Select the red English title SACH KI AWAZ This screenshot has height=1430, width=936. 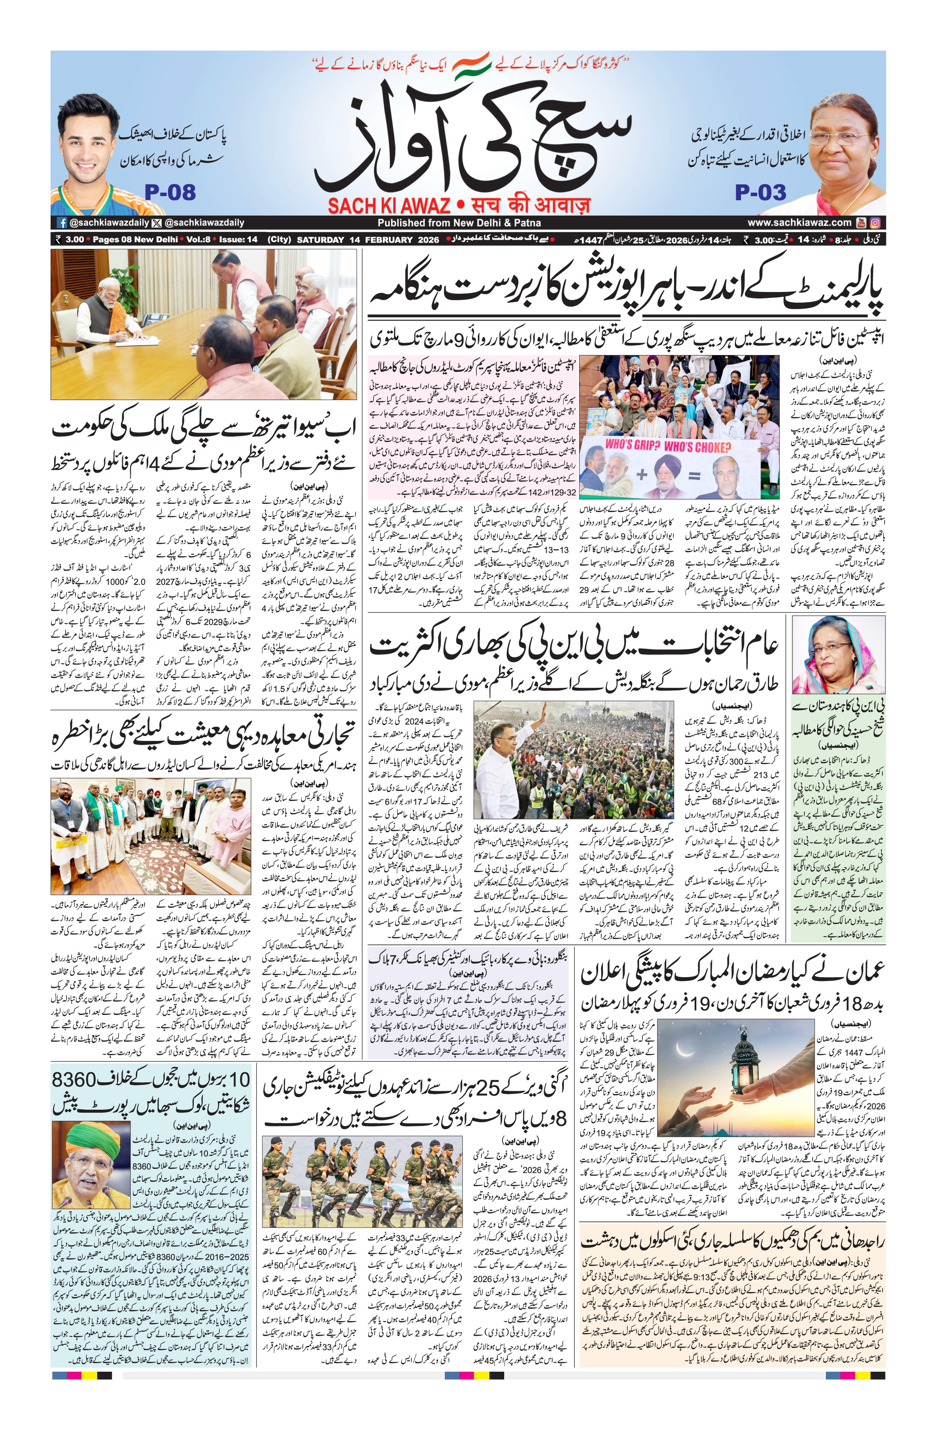[x=389, y=206]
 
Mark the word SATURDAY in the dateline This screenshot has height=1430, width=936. [x=321, y=240]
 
